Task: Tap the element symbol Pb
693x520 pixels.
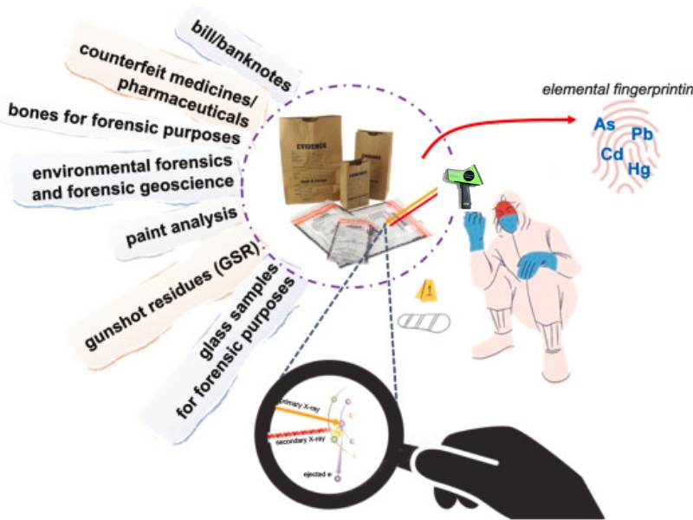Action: (x=642, y=133)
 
